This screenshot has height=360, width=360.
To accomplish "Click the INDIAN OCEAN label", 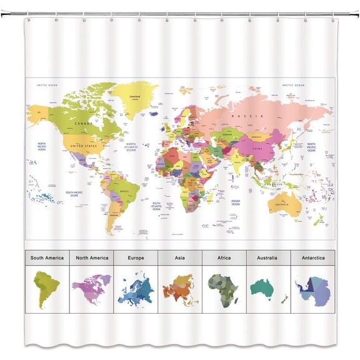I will pos(235,202).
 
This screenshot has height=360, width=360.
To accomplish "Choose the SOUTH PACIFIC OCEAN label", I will pos(74,194).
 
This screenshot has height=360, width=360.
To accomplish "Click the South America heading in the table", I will pos(47,257).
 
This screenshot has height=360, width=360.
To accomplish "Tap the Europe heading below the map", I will pos(136,257).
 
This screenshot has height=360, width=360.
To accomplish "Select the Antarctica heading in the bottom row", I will pos(312,257).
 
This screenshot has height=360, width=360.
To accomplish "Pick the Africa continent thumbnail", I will pos(223,289).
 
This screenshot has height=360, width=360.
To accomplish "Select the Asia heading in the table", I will pos(180,257).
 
